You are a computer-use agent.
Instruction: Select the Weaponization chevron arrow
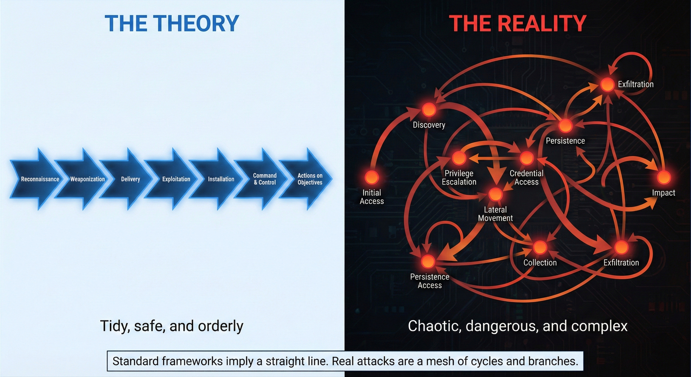87,179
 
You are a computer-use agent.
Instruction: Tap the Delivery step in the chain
131,179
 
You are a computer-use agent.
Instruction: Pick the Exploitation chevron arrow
176,179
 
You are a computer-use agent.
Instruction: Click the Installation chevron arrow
221,179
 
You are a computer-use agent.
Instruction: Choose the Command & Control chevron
265,179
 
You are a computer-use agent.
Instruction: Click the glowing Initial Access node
371,177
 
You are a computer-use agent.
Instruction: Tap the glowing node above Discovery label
429,109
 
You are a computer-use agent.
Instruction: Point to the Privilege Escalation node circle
459,158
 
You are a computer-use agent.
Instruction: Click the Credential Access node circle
526,158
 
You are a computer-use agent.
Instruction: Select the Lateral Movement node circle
495,194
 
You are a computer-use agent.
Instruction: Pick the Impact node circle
664,177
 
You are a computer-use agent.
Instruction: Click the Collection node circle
540,247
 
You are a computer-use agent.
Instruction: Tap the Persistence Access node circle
428,261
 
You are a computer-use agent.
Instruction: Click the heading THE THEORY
172,23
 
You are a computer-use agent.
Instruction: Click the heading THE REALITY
518,23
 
